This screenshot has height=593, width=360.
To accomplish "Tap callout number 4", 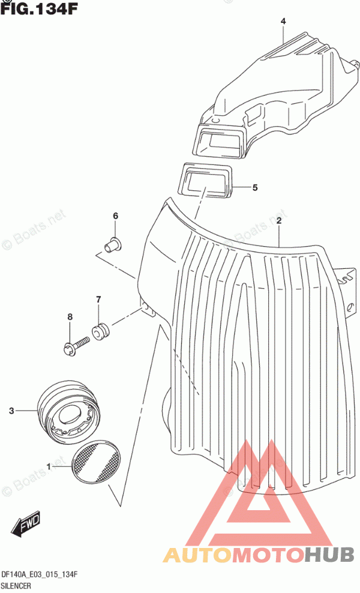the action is click(x=283, y=21).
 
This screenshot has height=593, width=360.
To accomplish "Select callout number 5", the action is click(x=255, y=187).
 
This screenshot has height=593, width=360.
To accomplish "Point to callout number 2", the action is click(x=278, y=221).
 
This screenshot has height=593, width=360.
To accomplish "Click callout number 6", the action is click(x=115, y=216).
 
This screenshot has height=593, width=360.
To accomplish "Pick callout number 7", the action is click(x=98, y=300).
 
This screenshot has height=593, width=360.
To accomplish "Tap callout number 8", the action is click(x=70, y=316).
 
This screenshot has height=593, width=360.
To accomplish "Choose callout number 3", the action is click(x=11, y=411).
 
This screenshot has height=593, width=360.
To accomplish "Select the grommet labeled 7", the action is click(x=101, y=331).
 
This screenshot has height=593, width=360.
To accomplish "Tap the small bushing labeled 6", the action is click(x=113, y=245).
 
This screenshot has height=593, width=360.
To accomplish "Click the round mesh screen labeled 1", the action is click(x=96, y=462).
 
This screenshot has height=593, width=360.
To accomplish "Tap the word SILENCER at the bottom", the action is click(x=16, y=586).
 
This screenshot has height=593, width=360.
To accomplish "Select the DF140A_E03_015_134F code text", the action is click(x=40, y=575).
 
